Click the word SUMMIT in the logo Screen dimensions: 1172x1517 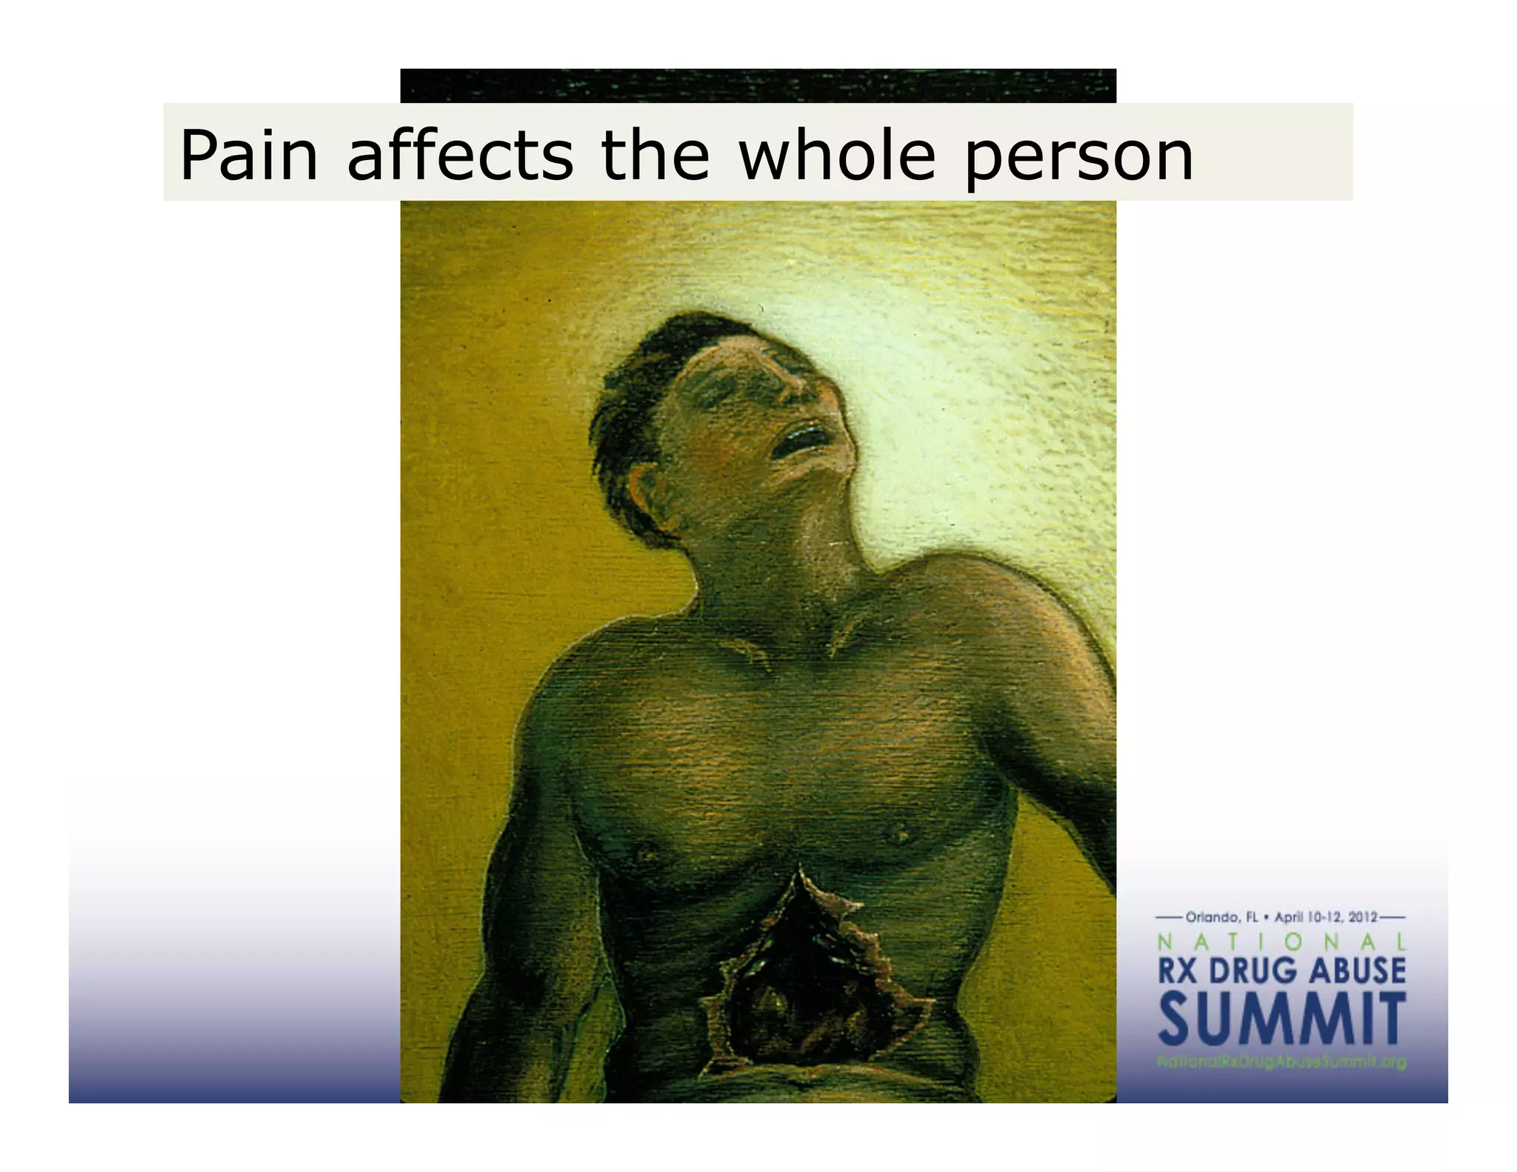coord(1281,1019)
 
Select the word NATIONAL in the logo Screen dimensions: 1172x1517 coord(1281,942)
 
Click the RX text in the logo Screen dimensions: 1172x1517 coord(1177,971)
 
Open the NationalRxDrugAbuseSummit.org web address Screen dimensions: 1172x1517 coord(1281,1062)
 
